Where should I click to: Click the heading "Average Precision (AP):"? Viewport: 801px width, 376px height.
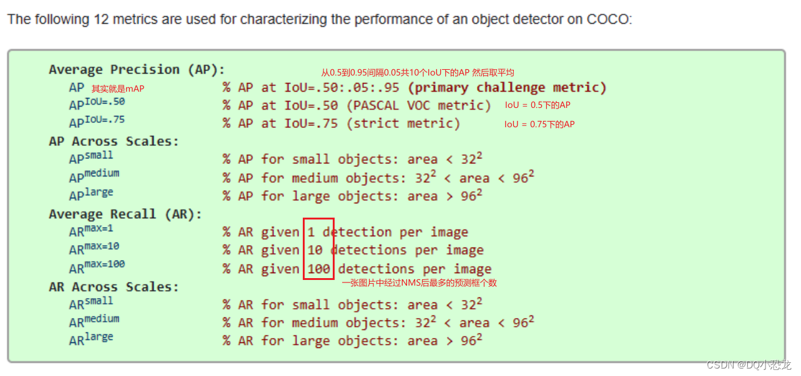(x=137, y=69)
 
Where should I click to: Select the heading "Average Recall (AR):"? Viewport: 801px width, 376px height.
(x=125, y=214)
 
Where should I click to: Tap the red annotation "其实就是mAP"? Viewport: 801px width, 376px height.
(x=118, y=89)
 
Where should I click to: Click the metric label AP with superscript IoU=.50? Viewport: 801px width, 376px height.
(x=97, y=104)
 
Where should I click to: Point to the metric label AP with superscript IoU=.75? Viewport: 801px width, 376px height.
(x=97, y=122)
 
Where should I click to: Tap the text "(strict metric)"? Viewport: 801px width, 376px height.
(x=406, y=123)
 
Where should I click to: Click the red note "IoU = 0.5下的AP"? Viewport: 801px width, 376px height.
(x=538, y=105)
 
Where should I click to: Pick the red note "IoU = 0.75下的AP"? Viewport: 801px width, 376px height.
(x=539, y=124)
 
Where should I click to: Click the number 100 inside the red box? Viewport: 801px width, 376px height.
(x=318, y=269)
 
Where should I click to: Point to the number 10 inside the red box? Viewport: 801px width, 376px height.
(x=315, y=251)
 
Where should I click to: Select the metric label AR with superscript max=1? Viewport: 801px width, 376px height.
(x=91, y=231)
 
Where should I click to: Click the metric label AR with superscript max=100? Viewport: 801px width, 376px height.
(x=97, y=268)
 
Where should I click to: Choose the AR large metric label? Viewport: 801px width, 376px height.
(x=91, y=339)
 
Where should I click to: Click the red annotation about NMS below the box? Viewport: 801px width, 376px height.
(x=419, y=283)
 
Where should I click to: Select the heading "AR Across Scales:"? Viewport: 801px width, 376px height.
(x=114, y=287)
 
